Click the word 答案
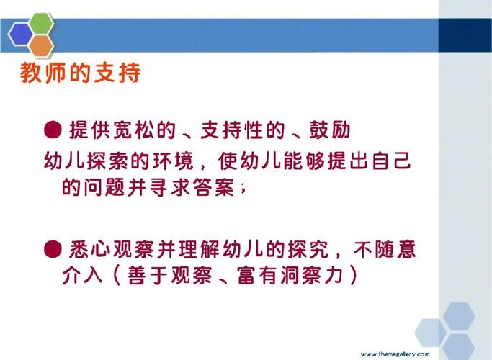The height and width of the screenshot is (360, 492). point(216,188)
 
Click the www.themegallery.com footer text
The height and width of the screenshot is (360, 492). point(394,354)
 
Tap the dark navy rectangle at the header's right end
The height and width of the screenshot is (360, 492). point(465,35)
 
